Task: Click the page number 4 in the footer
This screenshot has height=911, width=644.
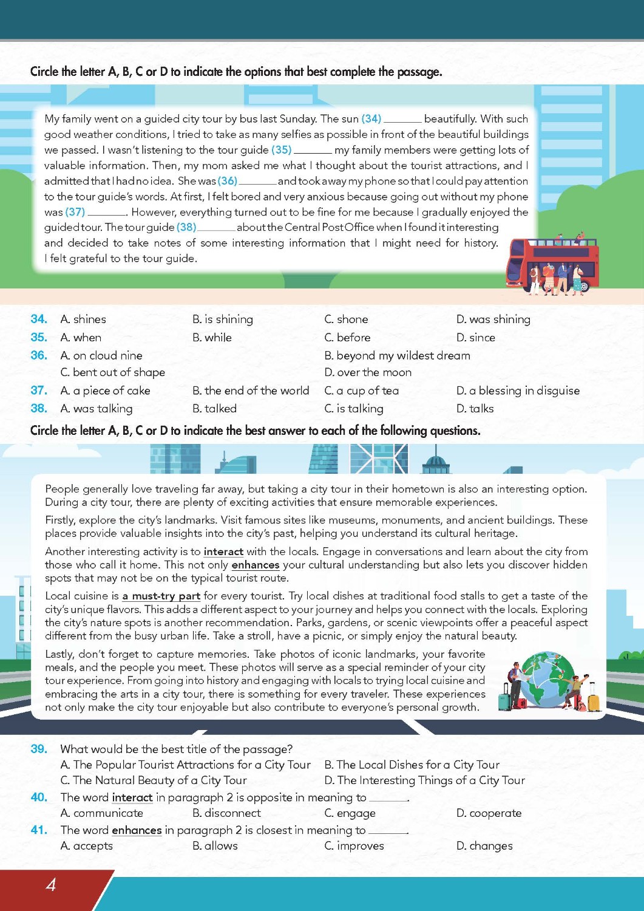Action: [x=51, y=884]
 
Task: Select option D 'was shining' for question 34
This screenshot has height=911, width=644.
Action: [x=493, y=319]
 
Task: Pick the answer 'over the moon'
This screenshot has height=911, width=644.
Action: [x=368, y=372]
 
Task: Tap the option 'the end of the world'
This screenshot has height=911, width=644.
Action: [x=250, y=391]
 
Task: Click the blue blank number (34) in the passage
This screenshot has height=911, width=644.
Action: [x=371, y=119]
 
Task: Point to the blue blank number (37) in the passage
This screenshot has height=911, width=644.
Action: [x=75, y=212]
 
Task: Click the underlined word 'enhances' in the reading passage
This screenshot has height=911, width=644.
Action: [x=255, y=565]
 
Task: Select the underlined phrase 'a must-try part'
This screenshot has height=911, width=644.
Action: [x=161, y=596]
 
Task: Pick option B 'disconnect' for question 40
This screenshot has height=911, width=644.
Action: [x=226, y=813]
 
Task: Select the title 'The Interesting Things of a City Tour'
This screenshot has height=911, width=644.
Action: [x=425, y=780]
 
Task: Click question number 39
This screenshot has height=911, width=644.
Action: [x=39, y=749]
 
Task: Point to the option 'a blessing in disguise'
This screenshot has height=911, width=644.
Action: [x=518, y=391]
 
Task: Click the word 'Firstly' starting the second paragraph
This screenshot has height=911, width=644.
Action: [x=61, y=520]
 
